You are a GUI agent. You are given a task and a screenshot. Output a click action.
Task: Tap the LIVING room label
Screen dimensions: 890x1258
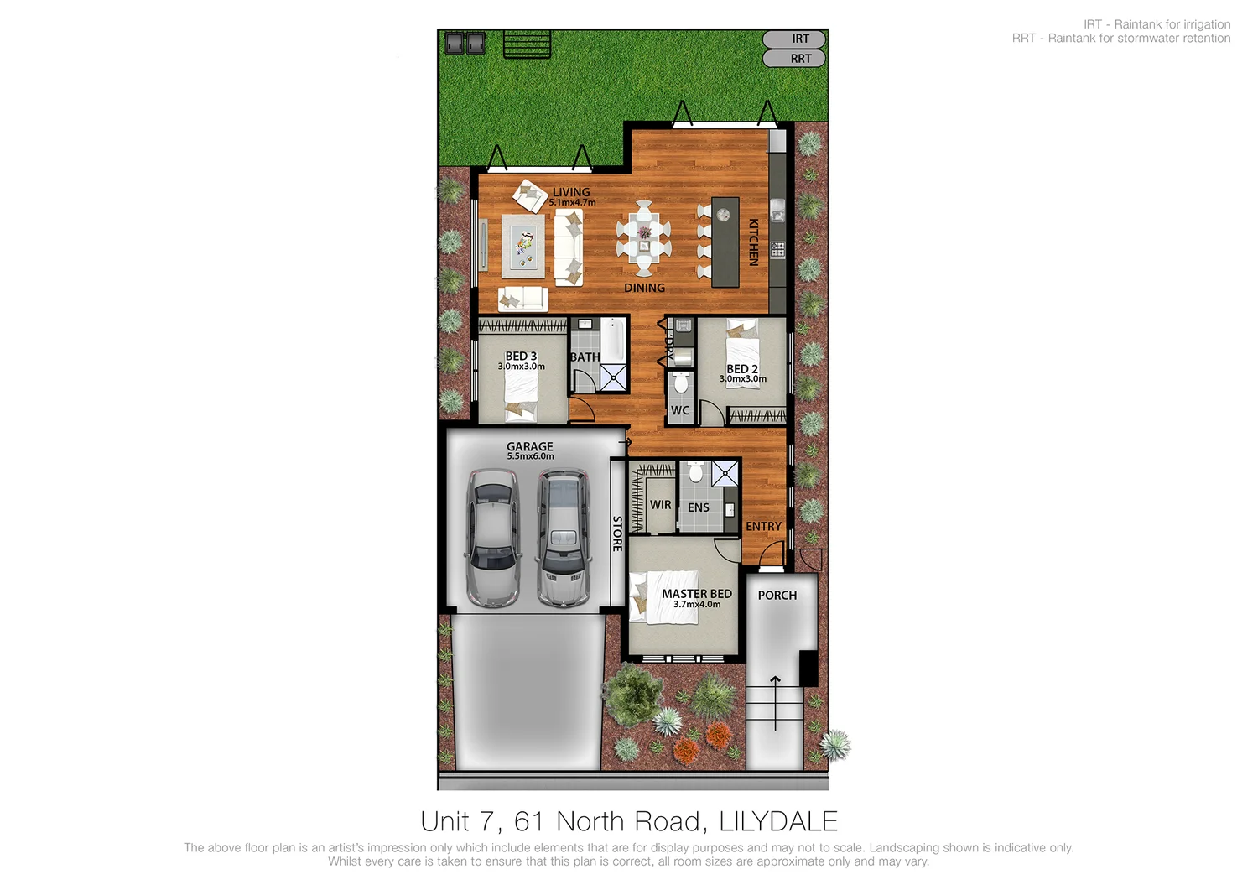tap(571, 192)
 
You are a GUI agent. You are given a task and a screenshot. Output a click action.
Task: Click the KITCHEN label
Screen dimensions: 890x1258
tap(753, 242)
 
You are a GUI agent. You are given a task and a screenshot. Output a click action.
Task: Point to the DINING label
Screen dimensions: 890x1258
tap(644, 288)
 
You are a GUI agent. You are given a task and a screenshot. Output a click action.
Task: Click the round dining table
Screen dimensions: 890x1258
tap(643, 237)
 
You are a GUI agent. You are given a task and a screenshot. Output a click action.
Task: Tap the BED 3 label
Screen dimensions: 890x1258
tap(521, 357)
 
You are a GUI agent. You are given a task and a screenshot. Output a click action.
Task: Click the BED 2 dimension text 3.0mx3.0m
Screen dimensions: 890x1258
tap(742, 379)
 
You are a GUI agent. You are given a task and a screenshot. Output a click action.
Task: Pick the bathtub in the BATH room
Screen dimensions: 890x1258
tap(614, 340)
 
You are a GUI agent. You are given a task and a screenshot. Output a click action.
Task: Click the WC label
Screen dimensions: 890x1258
tap(680, 410)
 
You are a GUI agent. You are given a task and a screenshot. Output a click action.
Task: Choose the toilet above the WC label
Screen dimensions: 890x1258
tap(681, 383)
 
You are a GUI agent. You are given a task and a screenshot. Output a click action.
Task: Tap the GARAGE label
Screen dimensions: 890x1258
tap(530, 446)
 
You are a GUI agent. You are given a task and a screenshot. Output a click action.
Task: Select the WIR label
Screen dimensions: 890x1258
tap(661, 505)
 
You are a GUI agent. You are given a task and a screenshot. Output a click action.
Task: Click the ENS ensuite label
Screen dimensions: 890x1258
tap(699, 507)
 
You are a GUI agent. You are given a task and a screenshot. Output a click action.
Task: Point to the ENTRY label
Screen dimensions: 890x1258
tap(763, 527)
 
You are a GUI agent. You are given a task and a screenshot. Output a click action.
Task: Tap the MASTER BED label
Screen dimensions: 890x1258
tap(696, 593)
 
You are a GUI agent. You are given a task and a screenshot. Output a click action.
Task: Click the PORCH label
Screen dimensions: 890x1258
tap(777, 595)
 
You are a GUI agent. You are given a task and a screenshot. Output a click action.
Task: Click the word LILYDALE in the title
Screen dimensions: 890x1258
tap(778, 821)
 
